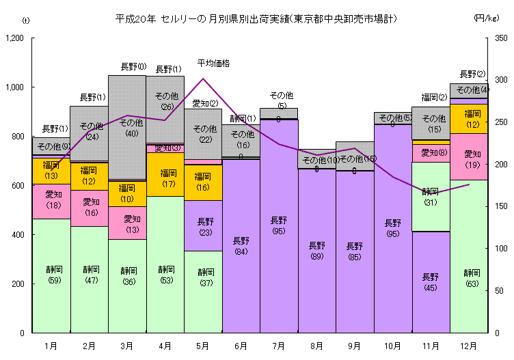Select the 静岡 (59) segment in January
point(51,275)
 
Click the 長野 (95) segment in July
point(278,225)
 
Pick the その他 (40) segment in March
point(126,127)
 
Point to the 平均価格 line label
point(213,64)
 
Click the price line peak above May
point(203,79)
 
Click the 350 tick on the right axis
point(502,39)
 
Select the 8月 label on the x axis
point(316,346)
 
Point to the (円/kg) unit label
point(487,18)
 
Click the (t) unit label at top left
point(25,20)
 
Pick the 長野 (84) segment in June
point(241,246)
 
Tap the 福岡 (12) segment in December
point(472,118)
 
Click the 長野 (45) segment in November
point(431,281)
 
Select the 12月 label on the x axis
point(469,346)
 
